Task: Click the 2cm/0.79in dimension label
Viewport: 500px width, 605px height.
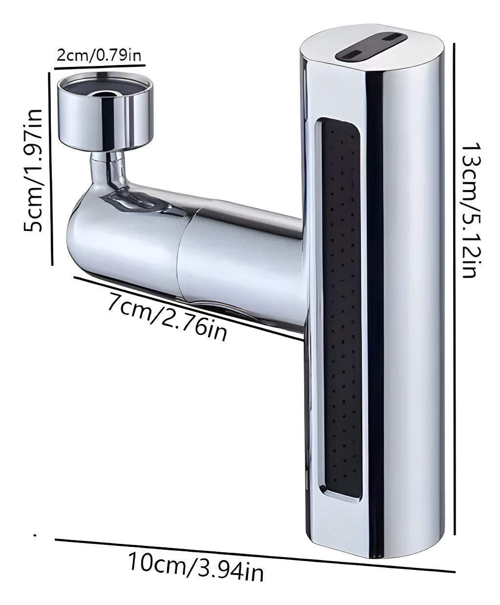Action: click(99, 55)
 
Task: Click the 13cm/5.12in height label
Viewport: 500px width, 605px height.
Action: click(469, 210)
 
